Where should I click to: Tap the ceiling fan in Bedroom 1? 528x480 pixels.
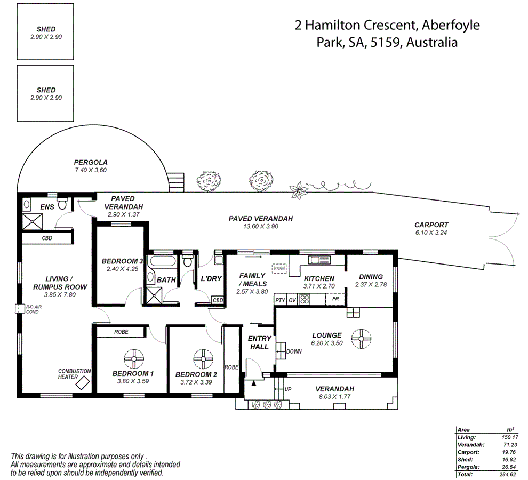coord(132,358)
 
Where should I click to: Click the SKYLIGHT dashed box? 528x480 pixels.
coord(279,268)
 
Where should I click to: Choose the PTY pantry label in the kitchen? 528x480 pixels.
coord(280,300)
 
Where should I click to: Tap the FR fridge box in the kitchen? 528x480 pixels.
coord(335,299)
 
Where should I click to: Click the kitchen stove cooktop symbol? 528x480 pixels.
coord(305,300)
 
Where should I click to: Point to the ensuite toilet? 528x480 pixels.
coord(62,204)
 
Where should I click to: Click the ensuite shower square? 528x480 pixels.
coord(32,221)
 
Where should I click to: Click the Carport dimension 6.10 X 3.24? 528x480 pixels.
coord(431,233)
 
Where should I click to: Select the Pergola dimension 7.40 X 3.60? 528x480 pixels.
coord(91,170)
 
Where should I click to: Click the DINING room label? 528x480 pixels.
coord(371,277)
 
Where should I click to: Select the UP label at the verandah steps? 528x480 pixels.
coord(288,389)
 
